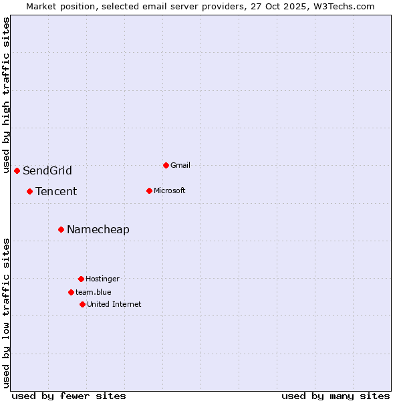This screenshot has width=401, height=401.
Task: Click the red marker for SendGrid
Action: point(17,170)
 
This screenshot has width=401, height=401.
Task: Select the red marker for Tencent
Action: point(29,191)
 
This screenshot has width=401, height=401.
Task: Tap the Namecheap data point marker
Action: point(61,229)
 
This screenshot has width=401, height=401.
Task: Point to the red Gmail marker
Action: point(166,165)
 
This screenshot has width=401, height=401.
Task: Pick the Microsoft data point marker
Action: point(149,190)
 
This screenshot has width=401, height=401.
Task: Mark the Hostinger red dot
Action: point(81,279)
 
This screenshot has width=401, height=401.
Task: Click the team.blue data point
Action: point(71,292)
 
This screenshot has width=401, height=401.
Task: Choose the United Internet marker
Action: point(82,304)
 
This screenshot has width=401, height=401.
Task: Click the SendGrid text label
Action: point(47,170)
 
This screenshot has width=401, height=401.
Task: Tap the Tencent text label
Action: point(56,191)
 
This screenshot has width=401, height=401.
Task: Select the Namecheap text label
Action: point(98,229)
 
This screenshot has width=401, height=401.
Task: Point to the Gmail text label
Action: point(180,165)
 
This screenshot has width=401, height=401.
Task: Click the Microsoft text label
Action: point(170,190)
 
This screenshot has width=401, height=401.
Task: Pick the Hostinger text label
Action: point(102,279)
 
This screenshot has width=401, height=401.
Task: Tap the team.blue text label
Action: point(94,292)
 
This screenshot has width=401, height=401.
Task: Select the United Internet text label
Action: point(114,304)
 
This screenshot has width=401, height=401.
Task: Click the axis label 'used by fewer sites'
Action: point(69,396)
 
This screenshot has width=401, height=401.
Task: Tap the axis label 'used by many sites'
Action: point(336,396)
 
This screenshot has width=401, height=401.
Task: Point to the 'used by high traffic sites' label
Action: point(6,95)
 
